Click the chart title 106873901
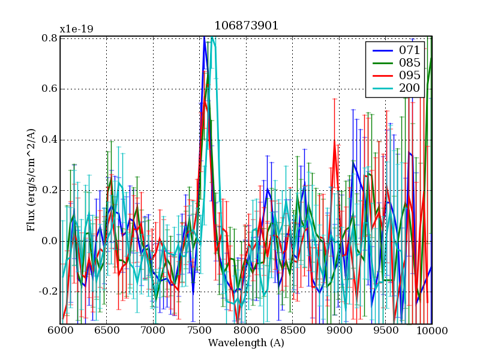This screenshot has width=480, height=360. point(246,26)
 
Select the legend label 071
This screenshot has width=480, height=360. point(410,50)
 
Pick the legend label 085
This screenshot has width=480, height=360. point(410,63)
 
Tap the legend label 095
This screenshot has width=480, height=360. point(410,76)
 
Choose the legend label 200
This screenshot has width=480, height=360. point(410,89)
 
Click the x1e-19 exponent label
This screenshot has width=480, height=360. point(76,29)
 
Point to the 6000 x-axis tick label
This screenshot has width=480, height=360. point(60,331)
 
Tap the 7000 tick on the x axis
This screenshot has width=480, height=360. point(153,331)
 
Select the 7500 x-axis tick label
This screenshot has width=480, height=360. point(200,331)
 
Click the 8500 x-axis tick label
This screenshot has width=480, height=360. point(293,331)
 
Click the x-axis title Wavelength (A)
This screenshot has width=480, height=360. point(246,343)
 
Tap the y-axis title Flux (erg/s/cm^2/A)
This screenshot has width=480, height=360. point(31,181)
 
